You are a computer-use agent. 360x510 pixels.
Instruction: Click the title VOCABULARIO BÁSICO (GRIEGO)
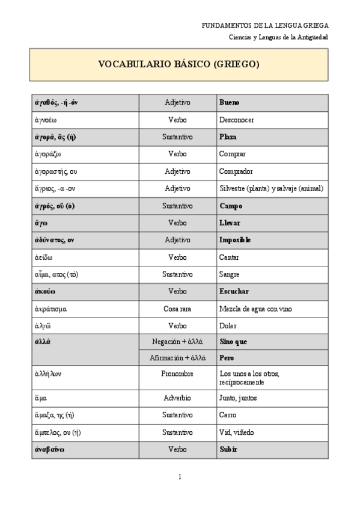(179, 64)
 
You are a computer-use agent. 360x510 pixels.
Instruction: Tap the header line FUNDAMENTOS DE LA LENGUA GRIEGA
(266, 26)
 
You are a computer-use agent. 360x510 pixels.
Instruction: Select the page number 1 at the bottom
(180, 477)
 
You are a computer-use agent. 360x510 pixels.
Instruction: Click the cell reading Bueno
(230, 103)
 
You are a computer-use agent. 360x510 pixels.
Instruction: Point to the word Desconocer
(237, 120)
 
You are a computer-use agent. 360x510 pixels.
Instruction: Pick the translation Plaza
(228, 137)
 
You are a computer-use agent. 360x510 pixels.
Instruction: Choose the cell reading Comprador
(236, 171)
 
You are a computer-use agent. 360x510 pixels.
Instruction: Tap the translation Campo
(231, 206)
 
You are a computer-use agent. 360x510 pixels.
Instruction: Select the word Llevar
(230, 223)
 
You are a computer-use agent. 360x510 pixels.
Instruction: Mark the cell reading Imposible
(235, 240)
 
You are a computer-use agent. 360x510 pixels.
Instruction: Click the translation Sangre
(230, 274)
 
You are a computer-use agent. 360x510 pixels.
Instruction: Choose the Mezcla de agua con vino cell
(256, 309)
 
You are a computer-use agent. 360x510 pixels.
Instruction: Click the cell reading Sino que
(234, 342)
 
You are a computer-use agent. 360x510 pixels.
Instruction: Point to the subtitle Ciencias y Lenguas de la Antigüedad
(278, 37)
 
